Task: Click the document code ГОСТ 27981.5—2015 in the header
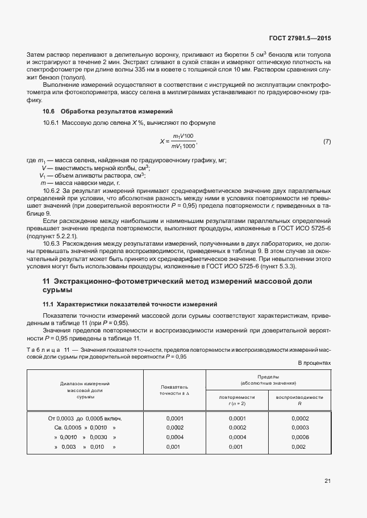point(302,39)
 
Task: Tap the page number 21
point(327,481)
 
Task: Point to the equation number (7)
point(327,141)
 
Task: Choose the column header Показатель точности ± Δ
point(174,390)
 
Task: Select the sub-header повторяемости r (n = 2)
point(237,400)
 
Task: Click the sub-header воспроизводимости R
point(299,400)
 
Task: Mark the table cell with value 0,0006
point(299,437)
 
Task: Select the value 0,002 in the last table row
point(299,447)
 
